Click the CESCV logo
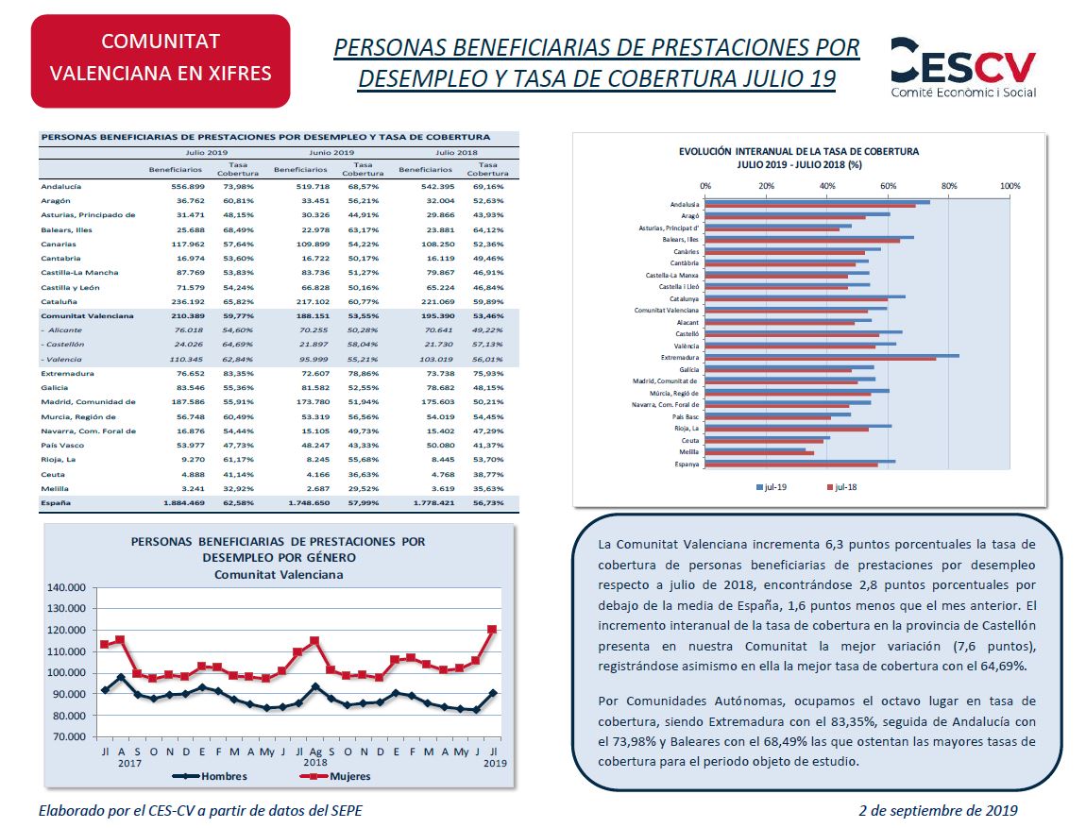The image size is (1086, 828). click(x=962, y=67)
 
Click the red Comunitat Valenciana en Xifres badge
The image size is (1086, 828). click(x=161, y=61)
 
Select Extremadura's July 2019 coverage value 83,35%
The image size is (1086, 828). click(x=238, y=373)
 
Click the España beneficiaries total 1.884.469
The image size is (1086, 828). click(x=184, y=502)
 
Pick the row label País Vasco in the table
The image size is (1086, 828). click(x=62, y=445)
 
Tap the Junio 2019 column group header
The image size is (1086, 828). click(x=331, y=152)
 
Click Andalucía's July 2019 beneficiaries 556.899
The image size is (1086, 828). click(x=188, y=186)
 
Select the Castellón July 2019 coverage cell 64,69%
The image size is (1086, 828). click(x=238, y=344)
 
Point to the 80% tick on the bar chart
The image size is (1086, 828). click(x=949, y=186)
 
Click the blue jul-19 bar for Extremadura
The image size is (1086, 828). click(x=832, y=356)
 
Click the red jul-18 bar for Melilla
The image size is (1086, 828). click(x=759, y=453)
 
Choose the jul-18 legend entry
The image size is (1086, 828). click(x=841, y=487)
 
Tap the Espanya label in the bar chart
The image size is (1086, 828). click(x=687, y=464)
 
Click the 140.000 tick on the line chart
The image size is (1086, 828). click(x=66, y=588)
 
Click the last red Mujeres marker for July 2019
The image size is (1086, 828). click(x=492, y=630)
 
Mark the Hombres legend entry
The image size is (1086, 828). click(x=210, y=776)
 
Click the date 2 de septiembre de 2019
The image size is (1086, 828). click(x=939, y=811)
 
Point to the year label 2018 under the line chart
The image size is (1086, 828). click(x=315, y=762)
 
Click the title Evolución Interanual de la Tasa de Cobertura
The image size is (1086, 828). click(x=799, y=151)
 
